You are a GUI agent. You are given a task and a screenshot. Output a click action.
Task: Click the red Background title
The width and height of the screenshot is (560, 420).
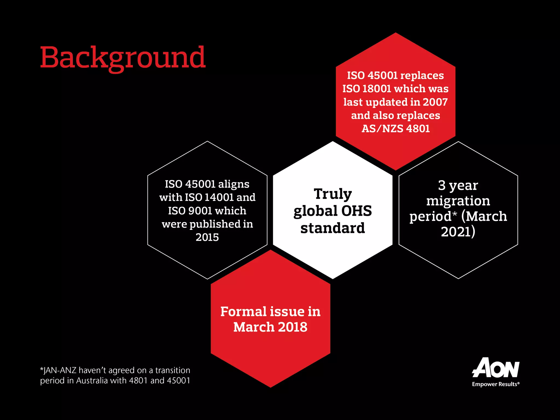(123, 58)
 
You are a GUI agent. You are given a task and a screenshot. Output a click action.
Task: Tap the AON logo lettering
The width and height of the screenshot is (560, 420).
(495, 368)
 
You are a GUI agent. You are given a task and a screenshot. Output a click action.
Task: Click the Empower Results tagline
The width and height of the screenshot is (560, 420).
(495, 384)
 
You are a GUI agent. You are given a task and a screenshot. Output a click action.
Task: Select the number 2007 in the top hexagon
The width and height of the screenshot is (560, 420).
(435, 102)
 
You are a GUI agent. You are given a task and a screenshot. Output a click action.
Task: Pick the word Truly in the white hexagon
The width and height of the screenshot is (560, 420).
(333, 194)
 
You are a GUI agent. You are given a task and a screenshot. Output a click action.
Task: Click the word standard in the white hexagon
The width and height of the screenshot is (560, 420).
(332, 228)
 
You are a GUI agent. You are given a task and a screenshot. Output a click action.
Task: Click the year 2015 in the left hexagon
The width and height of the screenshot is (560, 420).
(207, 237)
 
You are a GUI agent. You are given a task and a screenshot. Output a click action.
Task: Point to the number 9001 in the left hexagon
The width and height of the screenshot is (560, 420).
(200, 211)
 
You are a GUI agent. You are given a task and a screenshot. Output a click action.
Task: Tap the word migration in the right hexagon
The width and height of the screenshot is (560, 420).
(458, 201)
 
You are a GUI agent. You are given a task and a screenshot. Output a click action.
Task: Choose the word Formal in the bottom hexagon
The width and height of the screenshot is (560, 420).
(243, 311)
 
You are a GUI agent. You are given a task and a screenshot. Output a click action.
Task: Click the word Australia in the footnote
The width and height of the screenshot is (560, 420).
(92, 381)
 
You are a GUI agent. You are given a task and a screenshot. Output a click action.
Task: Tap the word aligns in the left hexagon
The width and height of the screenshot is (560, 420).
(234, 184)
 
